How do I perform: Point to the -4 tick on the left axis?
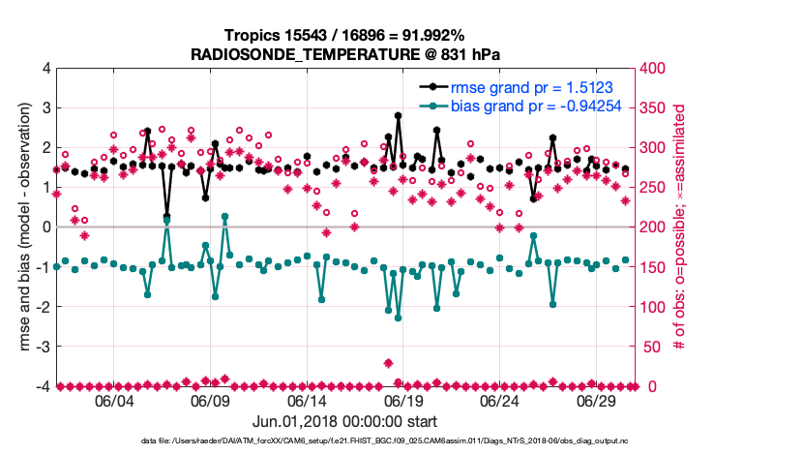point(42,386)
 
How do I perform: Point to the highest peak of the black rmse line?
point(399,115)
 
